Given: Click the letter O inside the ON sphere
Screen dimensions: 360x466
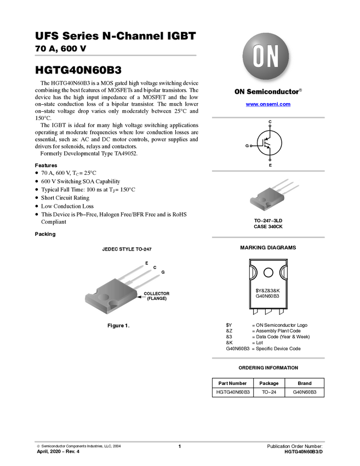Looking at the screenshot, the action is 258,56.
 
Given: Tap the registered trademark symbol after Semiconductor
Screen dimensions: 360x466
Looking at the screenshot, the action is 300,88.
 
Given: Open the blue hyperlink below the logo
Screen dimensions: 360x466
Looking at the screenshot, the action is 268,104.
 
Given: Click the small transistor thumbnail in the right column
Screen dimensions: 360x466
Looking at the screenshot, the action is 274,195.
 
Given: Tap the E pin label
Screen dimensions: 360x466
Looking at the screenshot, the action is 146,263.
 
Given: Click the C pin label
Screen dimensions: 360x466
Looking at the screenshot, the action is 155,268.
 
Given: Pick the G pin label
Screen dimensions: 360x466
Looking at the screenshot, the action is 163,272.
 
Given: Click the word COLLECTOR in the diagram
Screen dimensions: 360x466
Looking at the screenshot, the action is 156,294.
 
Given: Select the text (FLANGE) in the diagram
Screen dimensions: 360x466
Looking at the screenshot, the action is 156,299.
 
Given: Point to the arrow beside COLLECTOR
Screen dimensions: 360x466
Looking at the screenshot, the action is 139,294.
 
